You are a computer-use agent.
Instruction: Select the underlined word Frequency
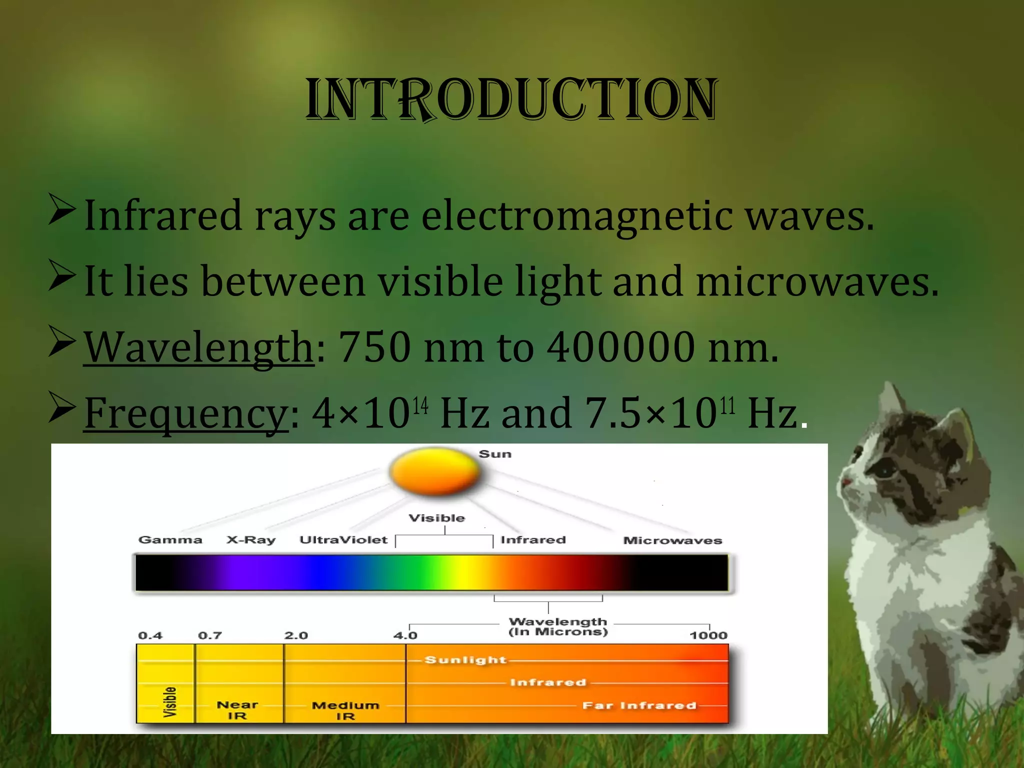tap(186, 413)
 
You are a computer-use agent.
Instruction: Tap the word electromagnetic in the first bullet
tap(577, 216)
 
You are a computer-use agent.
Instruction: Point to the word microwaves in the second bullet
tap(817, 281)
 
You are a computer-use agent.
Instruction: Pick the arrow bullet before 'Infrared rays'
tap(62, 210)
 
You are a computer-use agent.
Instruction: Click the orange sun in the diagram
tap(434, 471)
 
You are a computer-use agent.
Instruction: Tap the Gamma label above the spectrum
tap(170, 540)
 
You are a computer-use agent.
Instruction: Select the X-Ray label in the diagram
tap(251, 540)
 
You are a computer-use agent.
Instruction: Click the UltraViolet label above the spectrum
tap(343, 540)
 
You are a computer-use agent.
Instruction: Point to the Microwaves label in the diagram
tap(672, 540)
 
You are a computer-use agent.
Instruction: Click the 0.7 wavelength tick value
tap(209, 635)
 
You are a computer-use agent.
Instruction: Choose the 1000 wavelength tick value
tap(708, 635)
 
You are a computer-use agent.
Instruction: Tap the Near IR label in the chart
tap(237, 710)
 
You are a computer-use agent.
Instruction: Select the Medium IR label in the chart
tap(345, 710)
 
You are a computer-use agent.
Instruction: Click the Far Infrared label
tap(639, 705)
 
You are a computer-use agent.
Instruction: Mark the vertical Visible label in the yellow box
tap(170, 702)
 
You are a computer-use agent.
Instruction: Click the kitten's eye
tap(884, 470)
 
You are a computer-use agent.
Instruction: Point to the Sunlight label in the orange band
tap(465, 660)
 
